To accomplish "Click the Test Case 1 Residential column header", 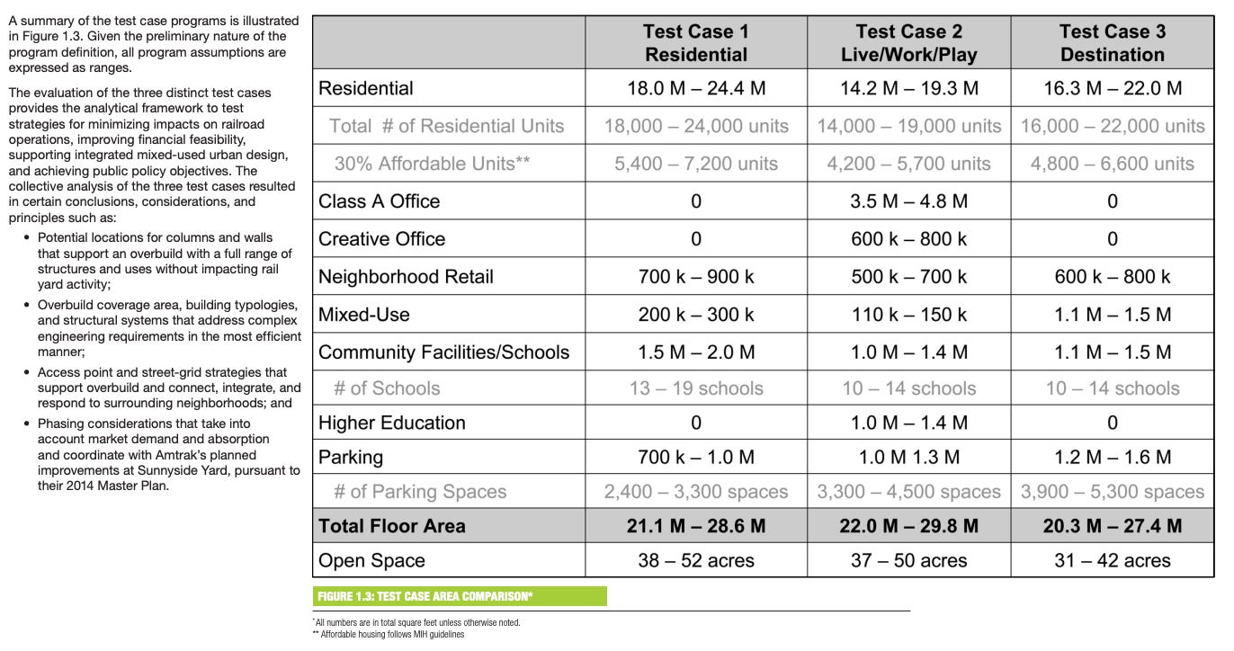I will click(695, 43).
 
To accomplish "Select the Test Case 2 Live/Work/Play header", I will click(908, 43).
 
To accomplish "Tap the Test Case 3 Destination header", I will click(1112, 43).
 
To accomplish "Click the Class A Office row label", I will click(379, 201).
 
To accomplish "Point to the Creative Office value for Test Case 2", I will click(908, 239).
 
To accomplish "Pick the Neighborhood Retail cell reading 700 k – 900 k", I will click(695, 277).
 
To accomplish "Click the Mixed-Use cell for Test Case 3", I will click(1112, 315).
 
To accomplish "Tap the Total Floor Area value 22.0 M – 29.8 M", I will click(908, 526).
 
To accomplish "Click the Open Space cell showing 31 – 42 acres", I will click(1112, 561).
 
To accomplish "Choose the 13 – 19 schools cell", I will click(695, 388).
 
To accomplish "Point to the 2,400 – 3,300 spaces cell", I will click(695, 492).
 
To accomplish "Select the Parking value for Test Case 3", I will click(1112, 458).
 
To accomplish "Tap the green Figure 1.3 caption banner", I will click(460, 596).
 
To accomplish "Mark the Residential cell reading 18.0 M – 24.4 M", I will click(695, 88).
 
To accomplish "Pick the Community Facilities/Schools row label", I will click(443, 352).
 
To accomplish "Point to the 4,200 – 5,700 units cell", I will click(908, 164).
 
